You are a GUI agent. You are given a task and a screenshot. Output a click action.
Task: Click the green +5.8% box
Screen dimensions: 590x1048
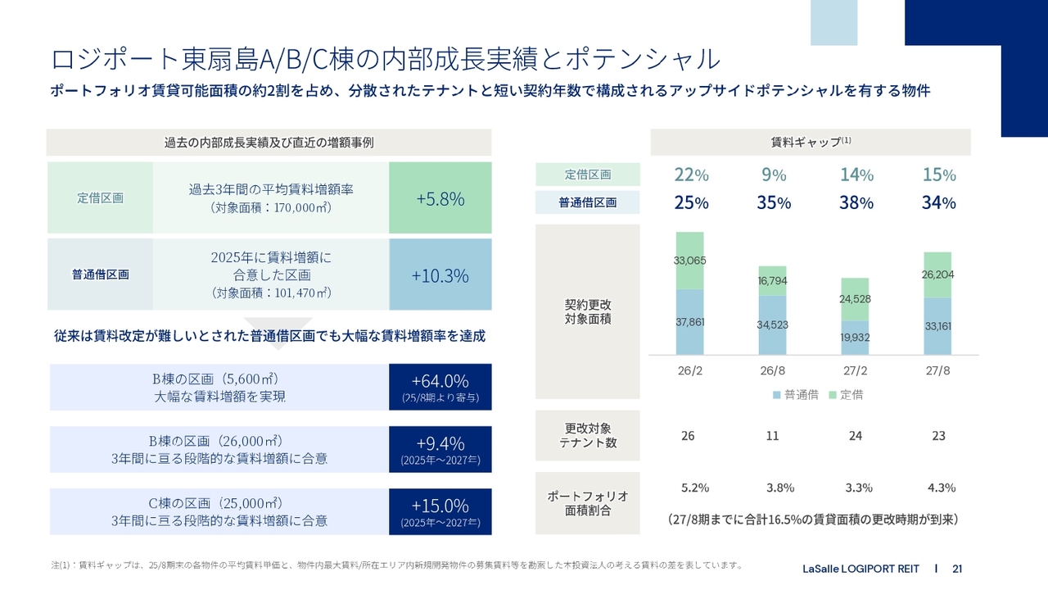tap(440, 198)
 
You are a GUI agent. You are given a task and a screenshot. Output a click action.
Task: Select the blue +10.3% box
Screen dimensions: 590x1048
tap(440, 275)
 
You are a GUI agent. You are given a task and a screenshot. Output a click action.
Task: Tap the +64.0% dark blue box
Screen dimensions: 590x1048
tap(440, 388)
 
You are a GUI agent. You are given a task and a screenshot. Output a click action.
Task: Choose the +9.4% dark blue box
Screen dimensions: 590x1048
tap(440, 449)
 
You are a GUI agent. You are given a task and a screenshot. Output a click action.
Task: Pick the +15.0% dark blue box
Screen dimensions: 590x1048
tap(440, 511)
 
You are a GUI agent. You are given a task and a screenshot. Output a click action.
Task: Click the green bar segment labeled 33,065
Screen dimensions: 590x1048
tap(690, 261)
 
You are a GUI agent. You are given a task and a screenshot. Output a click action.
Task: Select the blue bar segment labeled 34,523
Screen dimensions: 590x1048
tap(772, 324)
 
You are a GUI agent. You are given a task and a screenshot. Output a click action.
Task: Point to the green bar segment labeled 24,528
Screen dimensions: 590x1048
tap(856, 299)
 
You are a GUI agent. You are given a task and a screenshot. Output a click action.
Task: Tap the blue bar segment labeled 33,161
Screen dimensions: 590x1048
tap(937, 326)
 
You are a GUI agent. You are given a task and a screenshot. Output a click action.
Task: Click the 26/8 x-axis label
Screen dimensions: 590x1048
tap(773, 370)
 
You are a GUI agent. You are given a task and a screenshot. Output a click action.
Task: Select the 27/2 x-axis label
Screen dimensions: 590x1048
tap(856, 370)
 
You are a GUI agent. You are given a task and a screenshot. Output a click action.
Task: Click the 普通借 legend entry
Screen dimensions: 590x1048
tap(796, 395)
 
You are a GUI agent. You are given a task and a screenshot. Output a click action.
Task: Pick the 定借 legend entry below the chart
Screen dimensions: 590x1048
tap(845, 395)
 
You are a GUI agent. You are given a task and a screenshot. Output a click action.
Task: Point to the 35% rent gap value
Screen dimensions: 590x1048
tap(773, 202)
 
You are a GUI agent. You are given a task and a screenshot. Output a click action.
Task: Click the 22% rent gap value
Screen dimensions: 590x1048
tap(691, 175)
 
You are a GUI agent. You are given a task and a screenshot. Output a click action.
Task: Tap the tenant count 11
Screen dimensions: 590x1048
tap(772, 436)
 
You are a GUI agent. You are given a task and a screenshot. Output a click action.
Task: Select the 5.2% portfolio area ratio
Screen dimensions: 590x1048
tap(695, 488)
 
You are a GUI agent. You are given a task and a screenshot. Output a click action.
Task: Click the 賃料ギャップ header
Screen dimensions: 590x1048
tap(811, 142)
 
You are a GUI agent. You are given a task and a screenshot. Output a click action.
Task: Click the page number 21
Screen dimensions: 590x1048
tap(957, 569)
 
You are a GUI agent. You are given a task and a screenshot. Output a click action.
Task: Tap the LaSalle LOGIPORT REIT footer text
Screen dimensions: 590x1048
tap(861, 569)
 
